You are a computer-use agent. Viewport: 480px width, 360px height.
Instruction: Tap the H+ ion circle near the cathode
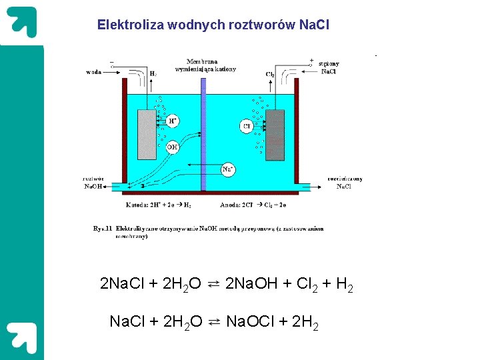pyautogui.click(x=173, y=121)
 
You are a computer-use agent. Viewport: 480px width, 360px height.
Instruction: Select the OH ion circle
pyautogui.click(x=173, y=146)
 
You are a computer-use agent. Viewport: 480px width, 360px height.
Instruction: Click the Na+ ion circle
pyautogui.click(x=227, y=169)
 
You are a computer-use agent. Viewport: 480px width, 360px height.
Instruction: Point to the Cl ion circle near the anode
pyautogui.click(x=247, y=126)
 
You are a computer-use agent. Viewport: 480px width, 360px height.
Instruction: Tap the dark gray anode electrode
pyautogui.click(x=275, y=135)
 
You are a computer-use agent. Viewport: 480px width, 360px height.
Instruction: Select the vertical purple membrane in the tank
pyautogui.click(x=203, y=133)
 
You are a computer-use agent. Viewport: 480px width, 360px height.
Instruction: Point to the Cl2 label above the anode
pyautogui.click(x=270, y=74)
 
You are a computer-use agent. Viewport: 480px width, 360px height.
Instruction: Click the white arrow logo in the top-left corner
pyautogui.click(x=22, y=22)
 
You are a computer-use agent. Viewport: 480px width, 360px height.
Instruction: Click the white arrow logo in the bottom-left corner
pyautogui.click(x=22, y=337)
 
